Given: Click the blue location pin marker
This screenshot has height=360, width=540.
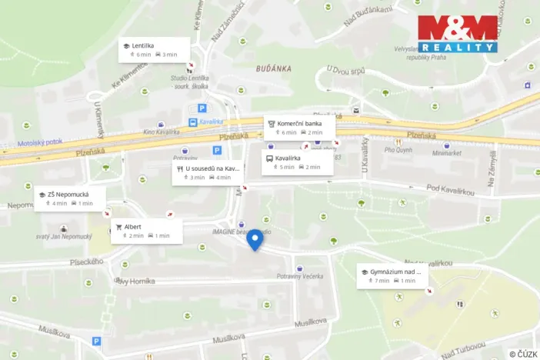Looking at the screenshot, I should [x=255, y=239].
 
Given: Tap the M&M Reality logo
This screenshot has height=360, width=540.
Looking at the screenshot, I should [x=458, y=34].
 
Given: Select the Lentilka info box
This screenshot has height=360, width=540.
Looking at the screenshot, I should [x=154, y=49].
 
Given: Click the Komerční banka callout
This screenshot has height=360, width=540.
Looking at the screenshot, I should [x=299, y=127].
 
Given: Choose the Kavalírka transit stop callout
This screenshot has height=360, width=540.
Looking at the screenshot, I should [x=297, y=162].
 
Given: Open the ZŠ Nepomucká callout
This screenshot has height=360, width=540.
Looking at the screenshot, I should [x=69, y=198].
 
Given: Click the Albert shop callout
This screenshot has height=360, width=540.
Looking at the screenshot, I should [x=146, y=231].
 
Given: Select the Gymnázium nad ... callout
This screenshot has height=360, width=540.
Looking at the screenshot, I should [x=391, y=275].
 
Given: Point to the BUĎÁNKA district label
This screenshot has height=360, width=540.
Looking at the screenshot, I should [x=274, y=68].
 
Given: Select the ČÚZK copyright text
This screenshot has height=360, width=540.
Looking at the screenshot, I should [x=523, y=354].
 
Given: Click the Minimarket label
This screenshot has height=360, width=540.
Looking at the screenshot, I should [x=448, y=153].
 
